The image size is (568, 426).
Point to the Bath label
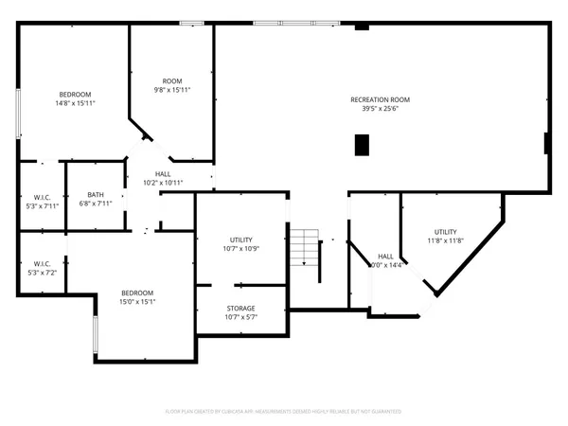pos(96,194)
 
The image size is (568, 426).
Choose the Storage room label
pos(240,309)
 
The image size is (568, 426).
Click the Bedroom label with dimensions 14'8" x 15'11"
pos(75,94)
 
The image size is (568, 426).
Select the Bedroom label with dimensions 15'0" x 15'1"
pos(137,293)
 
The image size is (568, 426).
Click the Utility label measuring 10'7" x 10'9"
pos(240,240)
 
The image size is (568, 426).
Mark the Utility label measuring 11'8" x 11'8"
pos(446,232)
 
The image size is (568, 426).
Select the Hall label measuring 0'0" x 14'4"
pos(385,257)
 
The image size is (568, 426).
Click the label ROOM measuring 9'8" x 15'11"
pos(172,80)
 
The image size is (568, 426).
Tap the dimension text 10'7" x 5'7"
pos(240,318)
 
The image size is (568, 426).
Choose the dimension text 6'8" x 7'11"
pos(96,204)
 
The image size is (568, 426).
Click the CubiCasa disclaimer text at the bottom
pos(284,412)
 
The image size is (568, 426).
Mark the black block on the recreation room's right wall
pos(546,143)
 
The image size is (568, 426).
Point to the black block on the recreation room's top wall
pos(361,26)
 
